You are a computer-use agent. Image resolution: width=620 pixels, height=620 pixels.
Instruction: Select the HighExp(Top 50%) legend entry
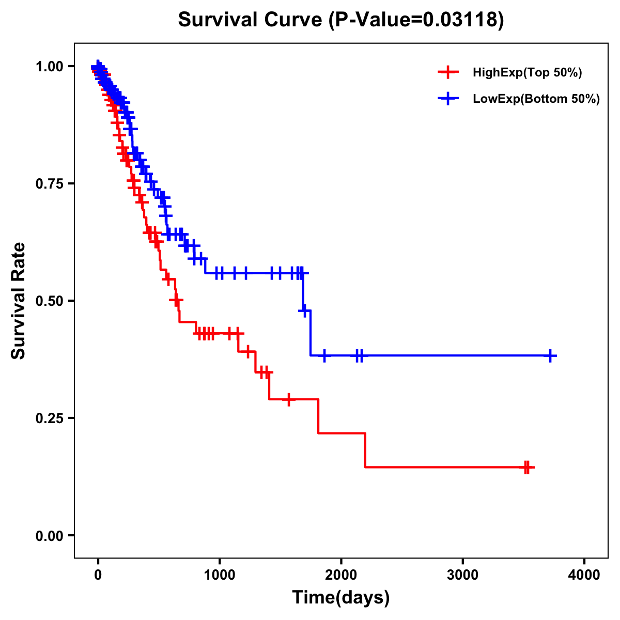coord(527,73)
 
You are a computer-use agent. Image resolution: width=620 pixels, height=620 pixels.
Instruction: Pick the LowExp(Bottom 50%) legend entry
coord(536,99)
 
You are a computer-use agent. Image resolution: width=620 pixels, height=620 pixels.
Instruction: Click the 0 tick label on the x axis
coord(98,575)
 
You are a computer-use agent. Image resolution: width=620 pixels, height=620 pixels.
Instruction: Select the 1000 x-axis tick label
coord(220,575)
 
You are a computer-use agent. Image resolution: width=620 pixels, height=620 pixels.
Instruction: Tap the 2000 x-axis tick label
coord(341,575)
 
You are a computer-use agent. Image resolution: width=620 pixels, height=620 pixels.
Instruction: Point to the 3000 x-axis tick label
coord(463,575)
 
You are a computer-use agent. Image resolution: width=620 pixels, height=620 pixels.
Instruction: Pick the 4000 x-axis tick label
coord(584,575)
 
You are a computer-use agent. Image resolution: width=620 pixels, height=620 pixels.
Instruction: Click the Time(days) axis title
coord(341,598)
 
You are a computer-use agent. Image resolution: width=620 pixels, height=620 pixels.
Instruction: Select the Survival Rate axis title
coord(19,300)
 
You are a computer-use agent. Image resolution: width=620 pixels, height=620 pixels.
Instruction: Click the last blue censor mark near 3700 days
coord(551,355)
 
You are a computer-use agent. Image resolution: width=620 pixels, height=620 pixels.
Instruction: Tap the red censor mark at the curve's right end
coord(527,467)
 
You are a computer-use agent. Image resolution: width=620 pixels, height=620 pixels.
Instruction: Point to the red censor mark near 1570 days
coord(289,399)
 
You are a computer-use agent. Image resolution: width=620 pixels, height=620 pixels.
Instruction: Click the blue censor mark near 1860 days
coord(324,355)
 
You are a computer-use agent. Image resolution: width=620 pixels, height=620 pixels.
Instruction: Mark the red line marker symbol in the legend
coord(448,73)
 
